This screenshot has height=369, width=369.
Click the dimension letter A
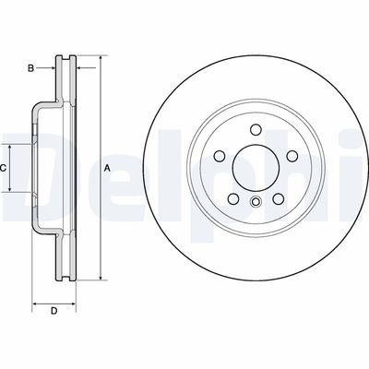click(x=107, y=167)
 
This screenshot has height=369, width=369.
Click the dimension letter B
click(x=30, y=67)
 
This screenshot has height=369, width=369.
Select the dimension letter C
click(x=5, y=168)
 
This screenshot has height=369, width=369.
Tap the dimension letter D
click(x=54, y=310)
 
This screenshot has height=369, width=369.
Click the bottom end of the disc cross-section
click(x=65, y=278)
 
